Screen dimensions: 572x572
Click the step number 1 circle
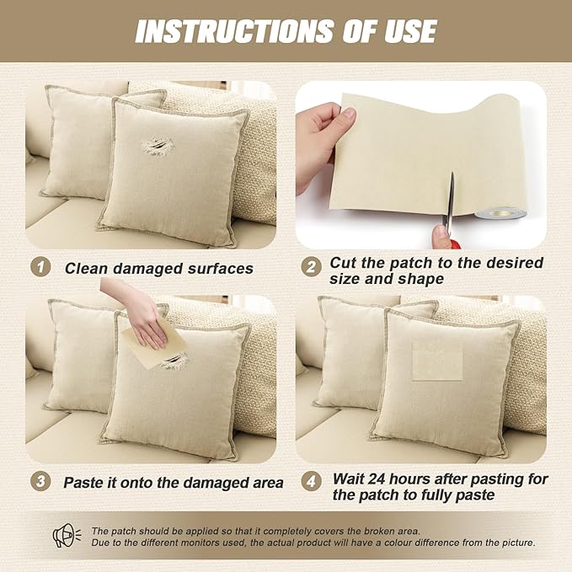pos(40,267)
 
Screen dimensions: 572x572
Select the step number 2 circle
pos(311,267)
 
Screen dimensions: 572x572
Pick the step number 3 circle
pos(40,481)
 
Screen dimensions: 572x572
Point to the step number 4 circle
pos(311,481)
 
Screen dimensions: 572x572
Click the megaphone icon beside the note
pos(67,535)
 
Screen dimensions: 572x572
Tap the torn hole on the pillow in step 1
pos(158,147)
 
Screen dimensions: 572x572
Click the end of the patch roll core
pos(499,212)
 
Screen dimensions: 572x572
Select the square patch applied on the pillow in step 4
pos(437,361)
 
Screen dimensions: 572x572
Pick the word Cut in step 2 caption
pos(343,263)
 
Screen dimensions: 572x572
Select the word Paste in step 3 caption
pos(82,483)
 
